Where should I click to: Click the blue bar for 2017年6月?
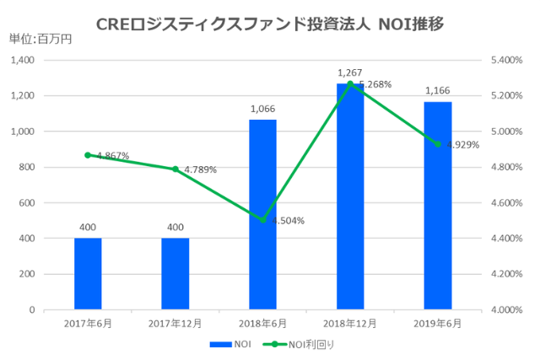click(x=88, y=274)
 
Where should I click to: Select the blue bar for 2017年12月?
click(x=175, y=274)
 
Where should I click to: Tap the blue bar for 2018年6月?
click(x=263, y=215)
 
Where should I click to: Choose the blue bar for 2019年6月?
click(x=438, y=206)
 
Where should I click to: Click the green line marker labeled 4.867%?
click(x=88, y=155)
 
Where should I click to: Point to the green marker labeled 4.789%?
click(x=175, y=169)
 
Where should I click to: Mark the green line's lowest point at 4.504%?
click(x=263, y=220)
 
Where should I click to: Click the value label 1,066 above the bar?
click(x=263, y=109)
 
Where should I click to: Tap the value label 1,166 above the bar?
click(x=438, y=91)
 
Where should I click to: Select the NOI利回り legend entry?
click(x=304, y=344)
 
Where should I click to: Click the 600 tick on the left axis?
click(x=25, y=203)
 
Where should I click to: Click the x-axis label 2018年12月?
click(x=350, y=324)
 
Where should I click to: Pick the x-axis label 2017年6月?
click(x=88, y=324)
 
